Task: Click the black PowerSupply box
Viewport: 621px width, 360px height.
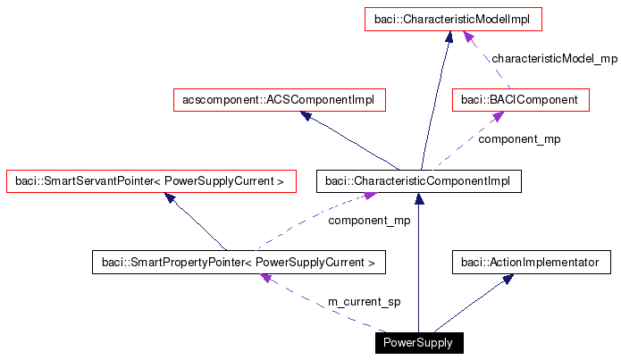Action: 418,343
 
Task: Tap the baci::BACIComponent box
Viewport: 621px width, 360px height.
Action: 521,100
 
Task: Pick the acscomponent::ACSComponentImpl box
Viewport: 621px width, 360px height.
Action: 279,100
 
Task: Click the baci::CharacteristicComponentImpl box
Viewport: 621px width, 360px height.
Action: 418,181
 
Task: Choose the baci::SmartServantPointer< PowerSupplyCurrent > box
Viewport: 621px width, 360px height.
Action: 150,181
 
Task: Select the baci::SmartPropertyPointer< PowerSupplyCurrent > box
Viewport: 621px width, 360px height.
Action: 239,263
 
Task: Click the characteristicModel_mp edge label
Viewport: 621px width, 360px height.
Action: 554,58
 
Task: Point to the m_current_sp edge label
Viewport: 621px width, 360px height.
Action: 365,303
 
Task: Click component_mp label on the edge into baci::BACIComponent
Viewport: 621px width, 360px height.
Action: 520,139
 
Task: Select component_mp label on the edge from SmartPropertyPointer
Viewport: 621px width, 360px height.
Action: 369,220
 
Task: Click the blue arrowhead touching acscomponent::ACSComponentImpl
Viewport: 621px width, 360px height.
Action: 306,116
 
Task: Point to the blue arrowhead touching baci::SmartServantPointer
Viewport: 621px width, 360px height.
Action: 170,197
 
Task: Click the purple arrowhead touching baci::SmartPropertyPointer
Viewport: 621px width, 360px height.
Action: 265,279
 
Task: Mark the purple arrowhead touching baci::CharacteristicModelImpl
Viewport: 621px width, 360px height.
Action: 466,35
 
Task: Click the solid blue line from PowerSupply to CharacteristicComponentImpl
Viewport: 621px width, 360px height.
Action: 418,268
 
